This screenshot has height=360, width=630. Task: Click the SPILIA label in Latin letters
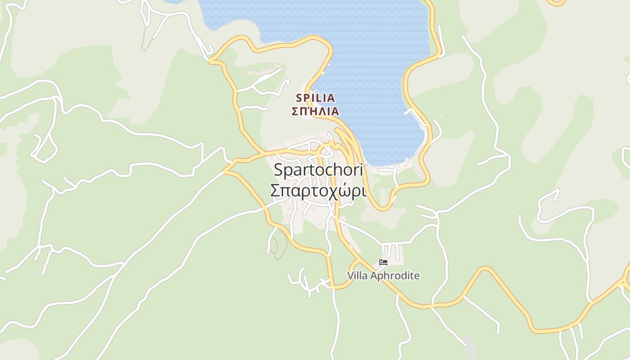click(315, 98)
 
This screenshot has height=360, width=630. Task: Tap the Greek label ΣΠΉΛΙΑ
click(315, 111)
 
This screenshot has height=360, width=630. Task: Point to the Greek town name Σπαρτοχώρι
click(318, 191)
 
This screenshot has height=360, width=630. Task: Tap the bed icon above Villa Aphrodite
click(383, 262)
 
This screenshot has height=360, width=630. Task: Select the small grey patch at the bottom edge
click(470, 347)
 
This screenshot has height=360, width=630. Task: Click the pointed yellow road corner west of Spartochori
click(225, 171)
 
